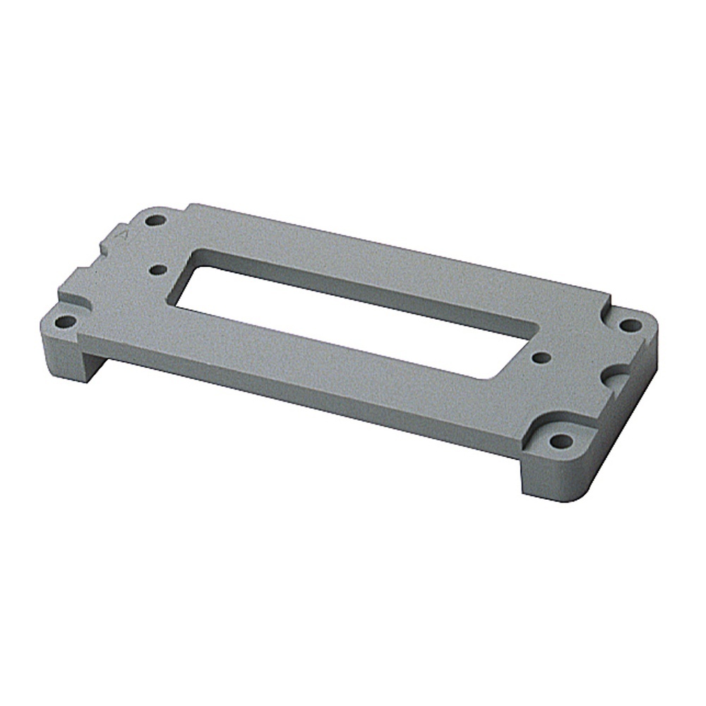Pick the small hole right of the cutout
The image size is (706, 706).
pos(540,357)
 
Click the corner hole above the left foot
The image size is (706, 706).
pos(65,322)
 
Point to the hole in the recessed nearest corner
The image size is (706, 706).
pos(561,442)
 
